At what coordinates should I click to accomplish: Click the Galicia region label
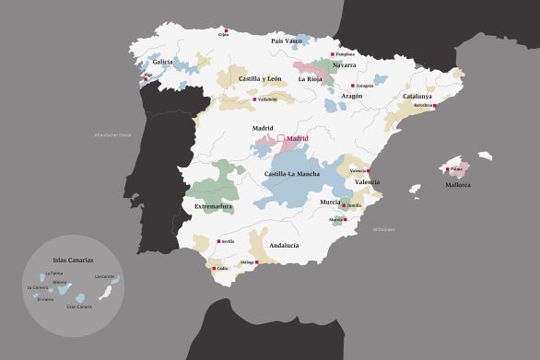[x=162, y=63]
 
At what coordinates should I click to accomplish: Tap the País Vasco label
[x=288, y=41]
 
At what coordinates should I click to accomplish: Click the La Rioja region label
[x=308, y=79]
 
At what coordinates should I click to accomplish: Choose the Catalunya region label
[x=417, y=96]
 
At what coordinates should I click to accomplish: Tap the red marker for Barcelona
[x=435, y=105]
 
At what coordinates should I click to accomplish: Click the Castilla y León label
[x=260, y=79]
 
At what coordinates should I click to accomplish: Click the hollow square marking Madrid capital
[x=282, y=138]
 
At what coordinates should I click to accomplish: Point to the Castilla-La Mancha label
[x=292, y=174]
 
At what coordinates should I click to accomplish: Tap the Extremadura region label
[x=213, y=206]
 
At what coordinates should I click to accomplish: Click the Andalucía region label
[x=283, y=245]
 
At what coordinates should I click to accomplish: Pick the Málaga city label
[x=247, y=262]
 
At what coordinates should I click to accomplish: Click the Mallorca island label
[x=458, y=185]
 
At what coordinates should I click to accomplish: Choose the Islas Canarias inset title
[x=73, y=261]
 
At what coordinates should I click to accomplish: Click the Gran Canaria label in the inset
[x=79, y=306]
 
